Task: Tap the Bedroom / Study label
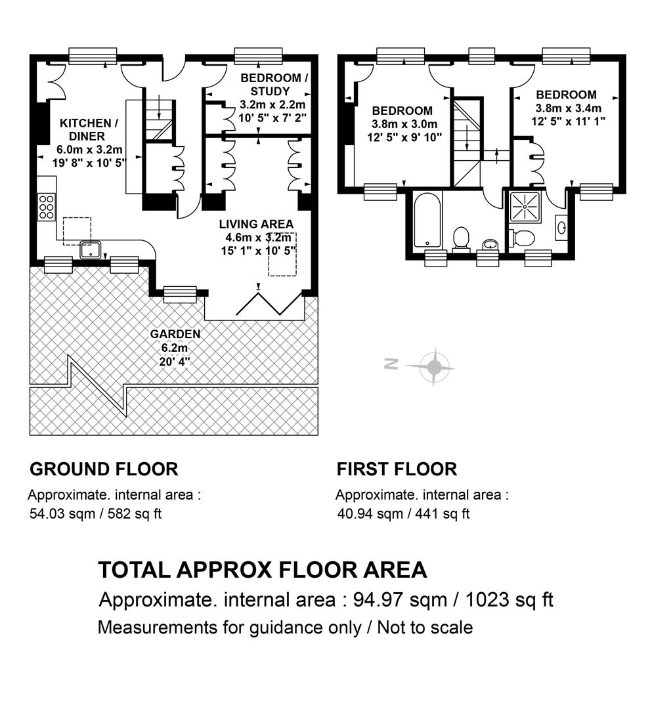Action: [x=274, y=85]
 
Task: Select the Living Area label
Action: [x=256, y=225]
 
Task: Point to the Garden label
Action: [x=175, y=334]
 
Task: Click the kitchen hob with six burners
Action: [x=47, y=207]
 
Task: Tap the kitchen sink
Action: [x=91, y=249]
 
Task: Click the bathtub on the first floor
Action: [x=427, y=220]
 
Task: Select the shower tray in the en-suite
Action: [x=525, y=207]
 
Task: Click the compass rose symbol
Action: [x=433, y=367]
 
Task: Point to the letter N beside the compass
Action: [x=391, y=364]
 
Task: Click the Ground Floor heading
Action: [x=104, y=469]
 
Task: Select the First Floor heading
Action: [x=397, y=469]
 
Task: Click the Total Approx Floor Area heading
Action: [x=263, y=570]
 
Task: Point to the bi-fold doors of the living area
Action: [x=269, y=303]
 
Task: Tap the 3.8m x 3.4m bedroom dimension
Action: [x=569, y=108]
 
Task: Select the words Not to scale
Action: [x=425, y=628]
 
